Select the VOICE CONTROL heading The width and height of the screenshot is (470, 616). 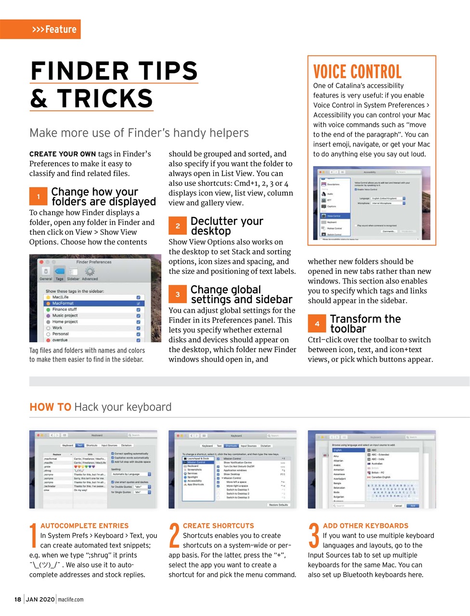click(x=357, y=72)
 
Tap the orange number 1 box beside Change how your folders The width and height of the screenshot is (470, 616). click(x=38, y=196)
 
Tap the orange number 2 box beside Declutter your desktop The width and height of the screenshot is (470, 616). click(x=177, y=226)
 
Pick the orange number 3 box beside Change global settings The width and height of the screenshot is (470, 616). click(x=177, y=294)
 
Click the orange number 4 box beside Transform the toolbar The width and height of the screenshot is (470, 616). click(x=317, y=323)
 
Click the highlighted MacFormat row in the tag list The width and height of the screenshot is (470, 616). click(x=94, y=303)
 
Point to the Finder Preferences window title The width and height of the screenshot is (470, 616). click(x=93, y=262)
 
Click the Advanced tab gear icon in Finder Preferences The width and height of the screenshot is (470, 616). click(x=90, y=272)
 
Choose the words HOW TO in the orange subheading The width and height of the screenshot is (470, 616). click(x=50, y=407)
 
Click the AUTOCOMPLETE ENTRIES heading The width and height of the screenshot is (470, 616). click(x=84, y=526)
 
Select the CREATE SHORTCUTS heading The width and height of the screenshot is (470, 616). click(x=218, y=526)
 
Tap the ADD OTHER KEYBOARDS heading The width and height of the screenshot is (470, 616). click(x=366, y=526)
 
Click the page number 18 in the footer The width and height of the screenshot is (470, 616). click(x=18, y=599)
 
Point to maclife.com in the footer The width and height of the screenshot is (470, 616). click(x=70, y=599)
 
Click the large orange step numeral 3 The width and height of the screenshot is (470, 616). click(x=313, y=536)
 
